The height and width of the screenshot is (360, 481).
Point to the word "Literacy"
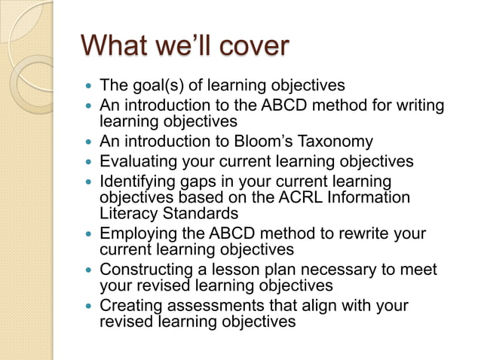[x=127, y=213]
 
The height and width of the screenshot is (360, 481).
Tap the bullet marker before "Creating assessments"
[x=90, y=307]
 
